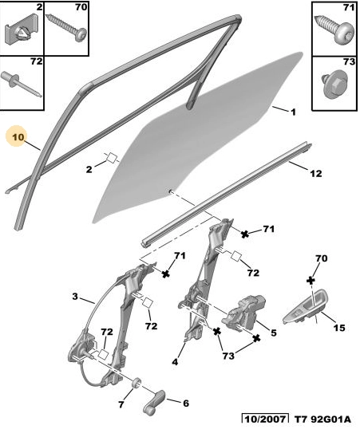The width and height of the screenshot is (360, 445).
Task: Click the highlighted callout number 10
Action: pos(18,137)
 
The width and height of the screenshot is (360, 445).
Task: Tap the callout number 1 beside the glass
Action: pos(293,112)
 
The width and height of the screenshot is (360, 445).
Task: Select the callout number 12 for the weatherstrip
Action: pos(315,173)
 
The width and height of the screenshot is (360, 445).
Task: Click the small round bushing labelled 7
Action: pos(136,382)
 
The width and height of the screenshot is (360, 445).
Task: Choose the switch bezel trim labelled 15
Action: pos(306,308)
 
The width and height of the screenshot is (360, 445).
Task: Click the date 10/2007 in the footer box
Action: pos(265,419)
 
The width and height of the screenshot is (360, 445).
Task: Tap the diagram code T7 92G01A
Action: pos(322,419)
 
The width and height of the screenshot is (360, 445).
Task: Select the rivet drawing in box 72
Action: pos(22,85)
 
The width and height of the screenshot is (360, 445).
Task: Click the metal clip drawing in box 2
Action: pos(21,31)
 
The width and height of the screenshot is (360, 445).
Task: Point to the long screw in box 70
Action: pos(66,29)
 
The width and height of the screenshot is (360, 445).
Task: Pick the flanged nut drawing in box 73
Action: pos(335,84)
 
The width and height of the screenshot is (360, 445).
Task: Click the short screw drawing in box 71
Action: pos(334,30)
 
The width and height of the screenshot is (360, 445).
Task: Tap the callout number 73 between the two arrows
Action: pos(228,356)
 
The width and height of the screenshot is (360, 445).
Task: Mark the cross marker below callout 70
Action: pos(311,281)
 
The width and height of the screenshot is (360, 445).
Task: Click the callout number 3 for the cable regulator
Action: pos(75,297)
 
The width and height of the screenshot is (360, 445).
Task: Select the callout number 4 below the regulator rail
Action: pos(175,362)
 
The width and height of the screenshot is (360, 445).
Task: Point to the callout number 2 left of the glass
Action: pos(89,169)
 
